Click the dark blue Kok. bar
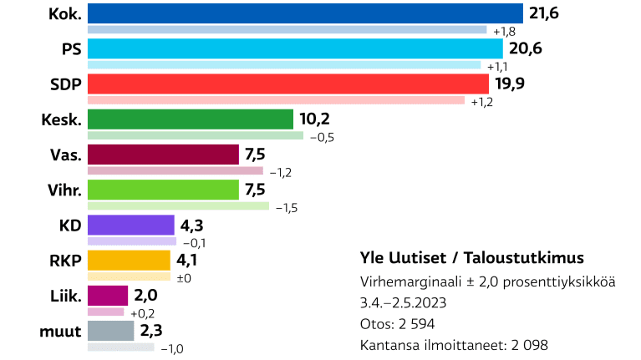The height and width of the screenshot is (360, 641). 305,13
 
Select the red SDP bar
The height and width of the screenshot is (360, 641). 287,84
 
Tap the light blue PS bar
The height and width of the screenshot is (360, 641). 295,48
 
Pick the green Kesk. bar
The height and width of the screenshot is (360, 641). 190,119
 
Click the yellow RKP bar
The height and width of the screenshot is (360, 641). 130,261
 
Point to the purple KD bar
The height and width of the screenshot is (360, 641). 130,226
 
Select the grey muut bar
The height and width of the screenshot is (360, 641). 110,331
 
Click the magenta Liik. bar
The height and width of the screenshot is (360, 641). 108,296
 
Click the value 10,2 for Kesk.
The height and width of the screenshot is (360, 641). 314,119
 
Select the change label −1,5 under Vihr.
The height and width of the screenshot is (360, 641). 287,206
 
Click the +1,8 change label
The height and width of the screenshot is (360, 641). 504,31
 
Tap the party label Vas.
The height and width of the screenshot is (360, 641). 66,155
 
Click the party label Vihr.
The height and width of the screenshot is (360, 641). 64,190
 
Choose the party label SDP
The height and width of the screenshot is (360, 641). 65,84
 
